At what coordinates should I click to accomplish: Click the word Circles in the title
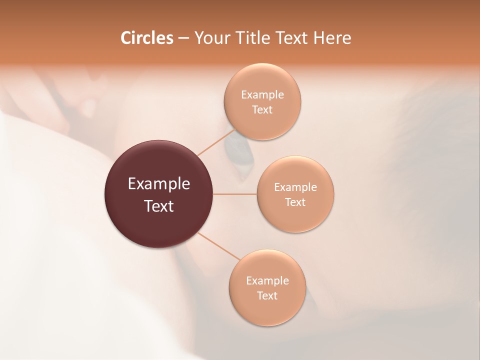click(146, 38)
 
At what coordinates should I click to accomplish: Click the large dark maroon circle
click(159, 194)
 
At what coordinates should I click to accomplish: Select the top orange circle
click(262, 101)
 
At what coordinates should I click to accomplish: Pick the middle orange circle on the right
click(295, 194)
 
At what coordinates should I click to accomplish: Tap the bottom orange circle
click(267, 287)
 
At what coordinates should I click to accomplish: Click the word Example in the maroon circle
click(159, 184)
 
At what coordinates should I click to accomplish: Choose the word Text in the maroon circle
click(159, 206)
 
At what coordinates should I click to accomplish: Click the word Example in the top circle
click(262, 94)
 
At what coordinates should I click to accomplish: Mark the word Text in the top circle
click(262, 109)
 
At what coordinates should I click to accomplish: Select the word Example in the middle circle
click(295, 187)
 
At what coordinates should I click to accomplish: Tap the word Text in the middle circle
click(295, 202)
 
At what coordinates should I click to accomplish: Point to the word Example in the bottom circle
click(267, 280)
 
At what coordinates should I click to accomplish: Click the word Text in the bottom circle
click(267, 295)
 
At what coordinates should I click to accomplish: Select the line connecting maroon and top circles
click(216, 142)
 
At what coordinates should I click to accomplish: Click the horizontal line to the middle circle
click(235, 194)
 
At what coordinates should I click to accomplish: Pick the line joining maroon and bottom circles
click(218, 245)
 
